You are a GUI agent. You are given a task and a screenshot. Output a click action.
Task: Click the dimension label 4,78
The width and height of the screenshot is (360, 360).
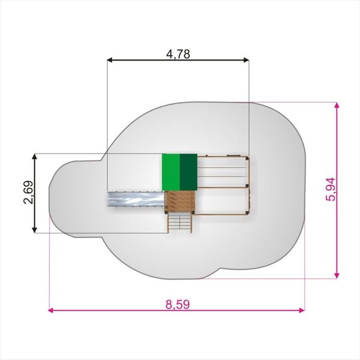(178, 55)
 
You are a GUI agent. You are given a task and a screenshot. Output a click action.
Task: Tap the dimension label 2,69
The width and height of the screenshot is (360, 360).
(29, 193)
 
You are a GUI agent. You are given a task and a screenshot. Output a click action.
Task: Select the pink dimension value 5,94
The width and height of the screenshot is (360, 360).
(331, 189)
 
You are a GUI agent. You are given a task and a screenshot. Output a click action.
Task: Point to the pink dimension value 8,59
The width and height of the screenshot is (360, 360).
(178, 304)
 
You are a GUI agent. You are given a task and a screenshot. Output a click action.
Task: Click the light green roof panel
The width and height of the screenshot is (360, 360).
(171, 172)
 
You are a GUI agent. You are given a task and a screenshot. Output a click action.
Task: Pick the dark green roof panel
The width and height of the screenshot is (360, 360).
(188, 172)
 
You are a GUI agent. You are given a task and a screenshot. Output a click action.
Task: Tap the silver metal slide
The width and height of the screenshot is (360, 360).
(136, 199)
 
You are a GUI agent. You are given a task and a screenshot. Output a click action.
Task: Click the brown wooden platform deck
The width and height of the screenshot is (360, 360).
(180, 202)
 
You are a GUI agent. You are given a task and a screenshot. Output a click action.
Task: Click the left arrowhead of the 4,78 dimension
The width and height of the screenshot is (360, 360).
(110, 60)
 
